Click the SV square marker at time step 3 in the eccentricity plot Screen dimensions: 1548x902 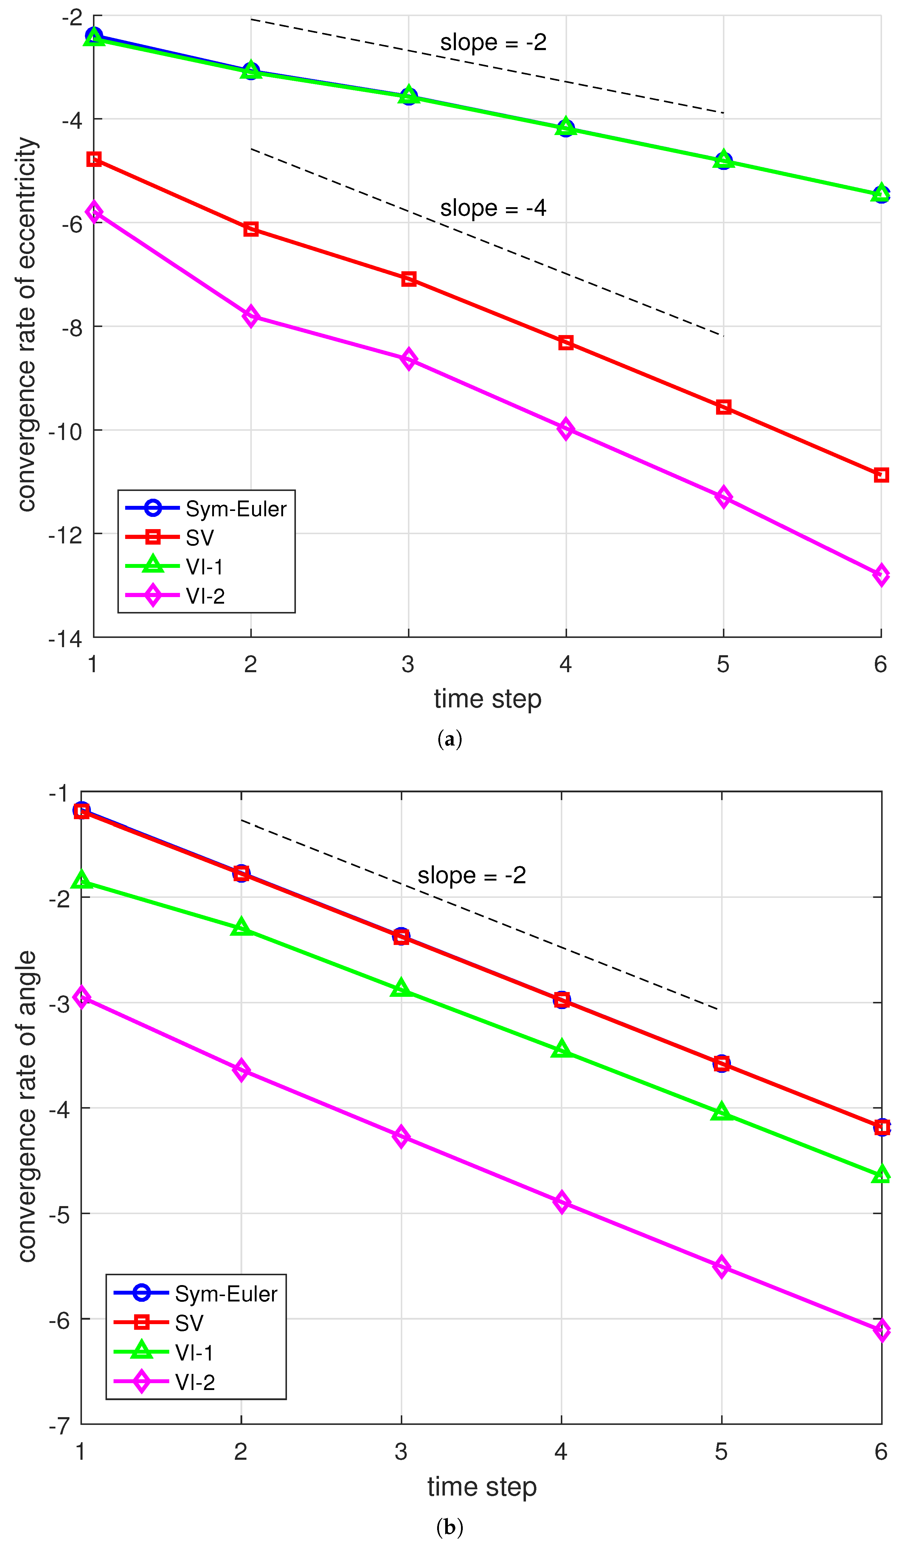click(x=408, y=280)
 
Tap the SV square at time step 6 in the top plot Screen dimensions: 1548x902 click(x=881, y=475)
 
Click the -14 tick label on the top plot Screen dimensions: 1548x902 click(x=66, y=639)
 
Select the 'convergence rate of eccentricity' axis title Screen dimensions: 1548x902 click(x=27, y=324)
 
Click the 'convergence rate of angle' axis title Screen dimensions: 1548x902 click(x=27, y=1106)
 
